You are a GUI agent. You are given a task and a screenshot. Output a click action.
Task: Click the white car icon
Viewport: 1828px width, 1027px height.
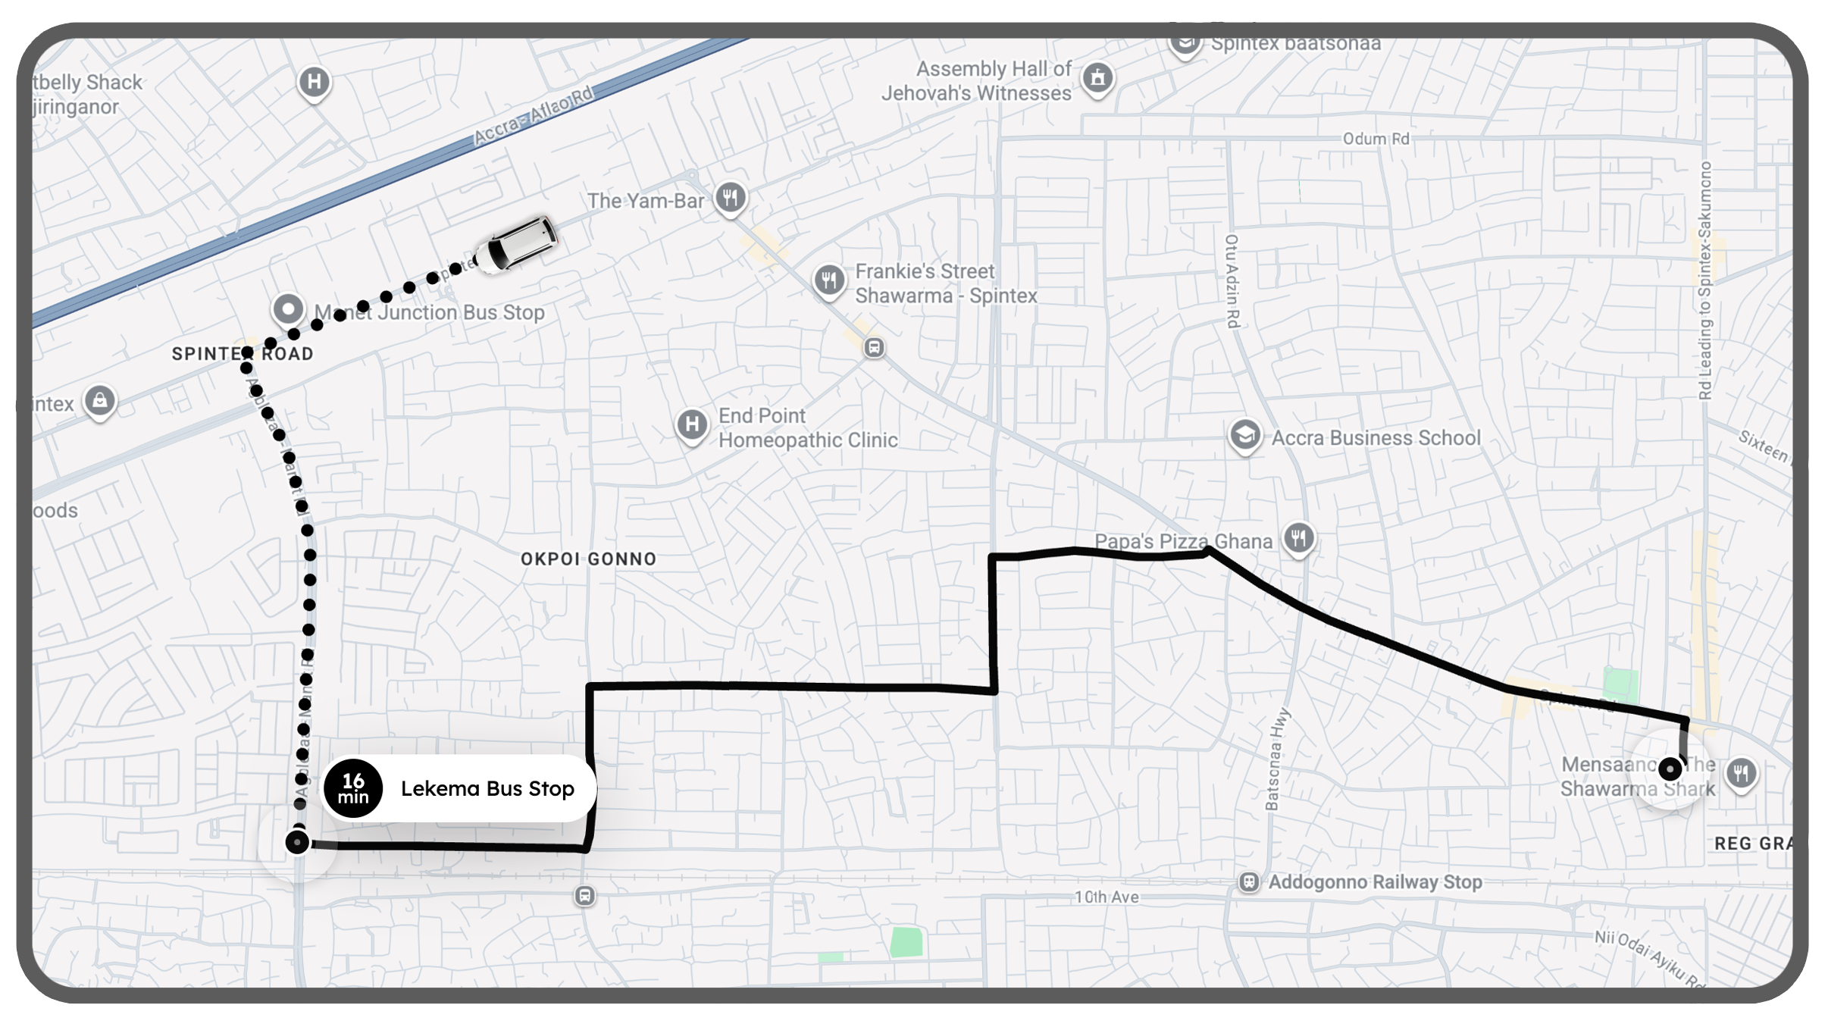pyautogui.click(x=517, y=243)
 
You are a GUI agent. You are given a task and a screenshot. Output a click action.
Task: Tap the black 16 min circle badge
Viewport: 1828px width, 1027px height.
pyautogui.click(x=353, y=788)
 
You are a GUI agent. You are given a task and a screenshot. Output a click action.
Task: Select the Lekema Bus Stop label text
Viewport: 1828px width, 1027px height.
pyautogui.click(x=487, y=788)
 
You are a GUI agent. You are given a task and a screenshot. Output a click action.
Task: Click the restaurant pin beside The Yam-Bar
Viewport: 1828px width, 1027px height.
pyautogui.click(x=731, y=199)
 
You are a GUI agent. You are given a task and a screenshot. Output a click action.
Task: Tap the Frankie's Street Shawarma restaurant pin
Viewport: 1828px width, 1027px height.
pyautogui.click(x=829, y=280)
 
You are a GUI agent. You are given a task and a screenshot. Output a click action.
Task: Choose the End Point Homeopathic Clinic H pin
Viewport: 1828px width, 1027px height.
pyautogui.click(x=692, y=424)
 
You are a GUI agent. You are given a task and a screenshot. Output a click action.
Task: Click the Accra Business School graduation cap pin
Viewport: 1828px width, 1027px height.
pyautogui.click(x=1245, y=436)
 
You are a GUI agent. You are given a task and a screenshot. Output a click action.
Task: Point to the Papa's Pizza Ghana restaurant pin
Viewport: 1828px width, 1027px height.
pyautogui.click(x=1299, y=539)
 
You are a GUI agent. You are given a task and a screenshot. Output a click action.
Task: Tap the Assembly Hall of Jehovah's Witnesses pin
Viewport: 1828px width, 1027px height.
pyautogui.click(x=1097, y=78)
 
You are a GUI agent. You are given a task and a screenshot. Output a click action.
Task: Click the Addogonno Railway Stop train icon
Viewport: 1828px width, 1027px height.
pyautogui.click(x=1249, y=882)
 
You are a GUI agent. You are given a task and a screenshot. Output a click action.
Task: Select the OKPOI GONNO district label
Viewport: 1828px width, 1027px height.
pyautogui.click(x=588, y=559)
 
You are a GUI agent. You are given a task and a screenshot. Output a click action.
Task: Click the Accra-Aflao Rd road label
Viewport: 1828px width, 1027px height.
pyautogui.click(x=534, y=116)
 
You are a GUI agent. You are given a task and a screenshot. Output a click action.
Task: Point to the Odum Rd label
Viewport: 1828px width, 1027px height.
pyautogui.click(x=1376, y=139)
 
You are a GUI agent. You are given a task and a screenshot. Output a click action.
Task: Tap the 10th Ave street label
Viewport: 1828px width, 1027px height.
pyautogui.click(x=1107, y=897)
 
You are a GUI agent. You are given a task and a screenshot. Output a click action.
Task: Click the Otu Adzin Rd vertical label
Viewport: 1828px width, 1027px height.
pyautogui.click(x=1232, y=281)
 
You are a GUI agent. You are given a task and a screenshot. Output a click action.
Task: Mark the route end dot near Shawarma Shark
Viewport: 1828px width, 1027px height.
pyautogui.click(x=1670, y=769)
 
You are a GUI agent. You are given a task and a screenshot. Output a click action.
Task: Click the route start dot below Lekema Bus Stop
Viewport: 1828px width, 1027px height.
pyautogui.click(x=297, y=842)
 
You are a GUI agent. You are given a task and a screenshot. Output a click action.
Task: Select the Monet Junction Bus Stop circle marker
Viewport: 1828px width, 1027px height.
pyautogui.click(x=288, y=309)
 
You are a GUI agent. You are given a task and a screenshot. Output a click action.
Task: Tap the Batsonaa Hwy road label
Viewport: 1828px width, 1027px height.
pyautogui.click(x=1277, y=759)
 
